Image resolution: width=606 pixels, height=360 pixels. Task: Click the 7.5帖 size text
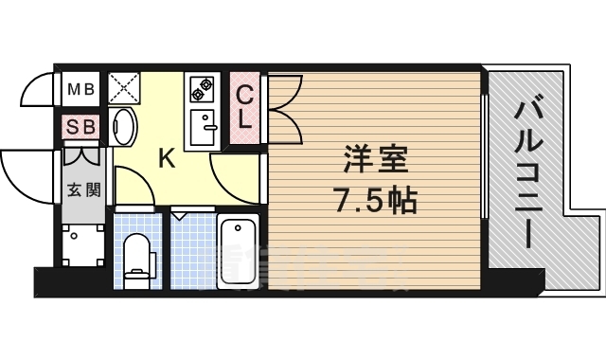[x=372, y=201]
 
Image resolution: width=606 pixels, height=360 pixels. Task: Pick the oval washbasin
[x=122, y=127]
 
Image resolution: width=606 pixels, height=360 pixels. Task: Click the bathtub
[x=238, y=250]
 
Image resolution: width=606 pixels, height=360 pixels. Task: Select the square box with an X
[x=124, y=89]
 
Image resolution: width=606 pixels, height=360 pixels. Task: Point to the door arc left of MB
[x=38, y=92]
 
